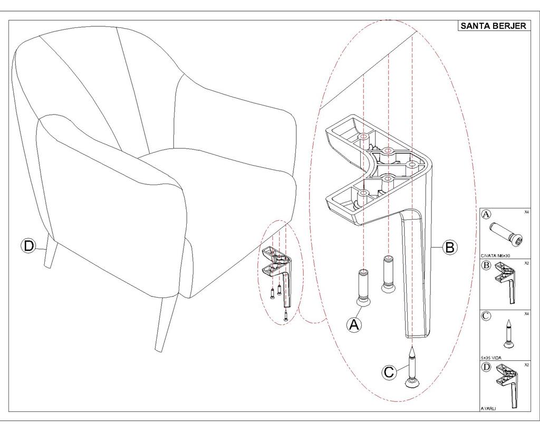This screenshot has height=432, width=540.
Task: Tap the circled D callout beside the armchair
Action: [x=28, y=246]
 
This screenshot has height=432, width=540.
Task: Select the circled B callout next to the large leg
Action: [x=449, y=247]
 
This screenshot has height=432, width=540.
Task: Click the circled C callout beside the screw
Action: [x=389, y=372]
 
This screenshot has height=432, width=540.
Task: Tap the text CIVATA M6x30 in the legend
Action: [x=496, y=255]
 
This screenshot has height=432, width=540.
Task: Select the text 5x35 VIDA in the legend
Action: [x=491, y=358]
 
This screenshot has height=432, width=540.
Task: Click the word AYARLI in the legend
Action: [x=488, y=408]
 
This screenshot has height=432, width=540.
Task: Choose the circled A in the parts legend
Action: [x=487, y=214]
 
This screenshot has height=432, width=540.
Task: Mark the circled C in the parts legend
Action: [x=486, y=316]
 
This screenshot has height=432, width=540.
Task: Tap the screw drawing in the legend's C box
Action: [x=509, y=334]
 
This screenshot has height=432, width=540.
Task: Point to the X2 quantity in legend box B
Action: [x=526, y=262]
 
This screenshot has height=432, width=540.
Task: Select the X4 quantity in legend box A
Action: [x=526, y=212]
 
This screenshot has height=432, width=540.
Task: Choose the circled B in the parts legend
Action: [x=487, y=265]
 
